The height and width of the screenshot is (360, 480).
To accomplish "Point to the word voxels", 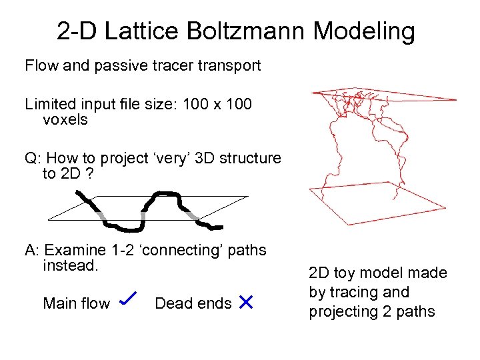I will pyautogui.click(x=65, y=119).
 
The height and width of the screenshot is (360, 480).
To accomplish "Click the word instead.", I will pyautogui.click(x=70, y=265).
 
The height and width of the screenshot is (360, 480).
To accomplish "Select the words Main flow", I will pyautogui.click(x=76, y=304).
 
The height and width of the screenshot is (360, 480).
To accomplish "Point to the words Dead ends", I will pyautogui.click(x=192, y=304).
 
